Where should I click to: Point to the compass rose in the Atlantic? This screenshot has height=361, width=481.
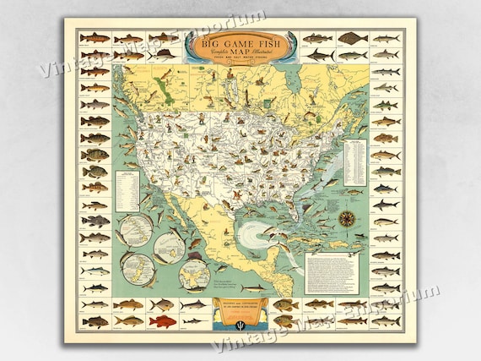347,216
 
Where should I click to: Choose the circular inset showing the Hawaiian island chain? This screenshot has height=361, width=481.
137,228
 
